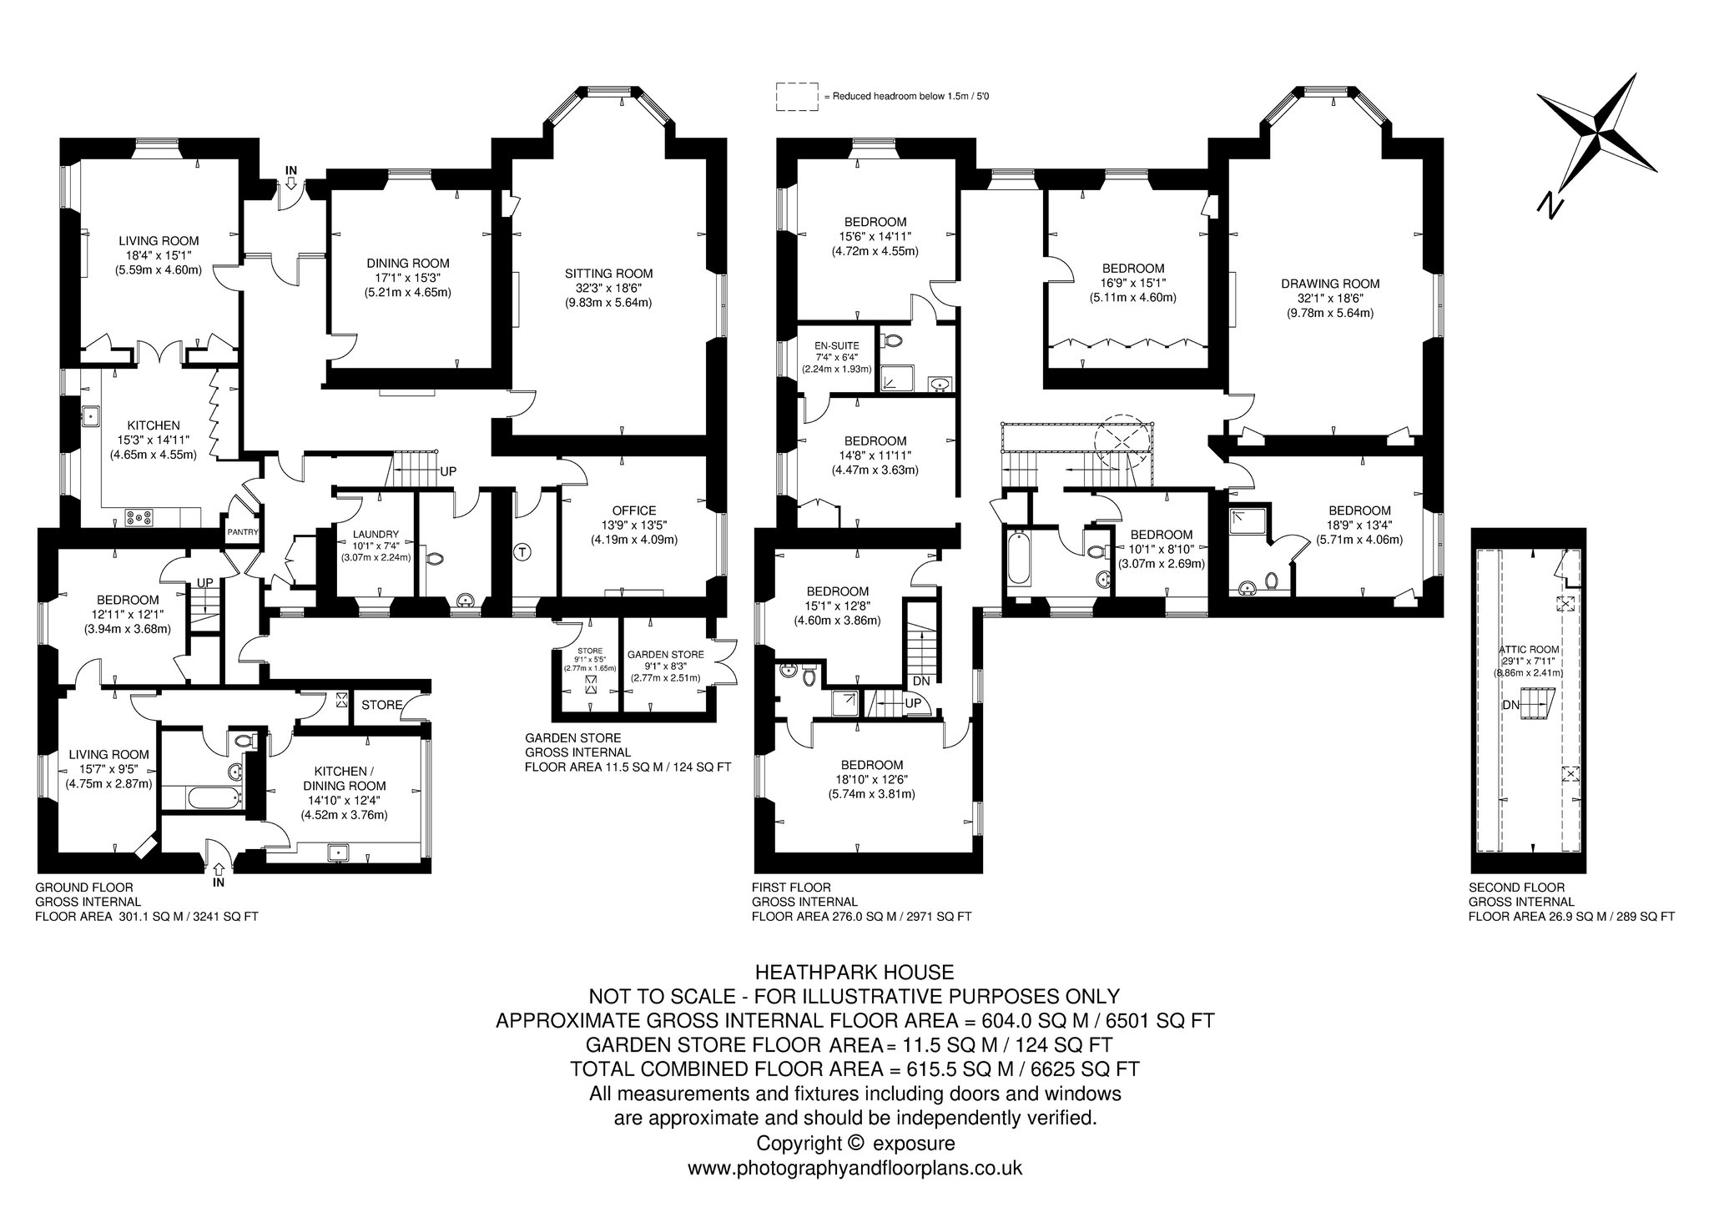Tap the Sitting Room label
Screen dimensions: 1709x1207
608,273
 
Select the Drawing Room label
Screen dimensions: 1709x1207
1330,284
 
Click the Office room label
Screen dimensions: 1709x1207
634,510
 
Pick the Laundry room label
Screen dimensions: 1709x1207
376,535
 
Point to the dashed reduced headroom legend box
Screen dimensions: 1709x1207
796,97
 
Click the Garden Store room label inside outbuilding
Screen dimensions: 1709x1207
665,655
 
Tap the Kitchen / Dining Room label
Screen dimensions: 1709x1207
350,778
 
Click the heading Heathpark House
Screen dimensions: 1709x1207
854,972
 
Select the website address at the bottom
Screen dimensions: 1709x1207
854,1169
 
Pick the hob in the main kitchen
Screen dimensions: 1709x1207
139,517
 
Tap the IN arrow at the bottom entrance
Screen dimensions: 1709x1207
219,868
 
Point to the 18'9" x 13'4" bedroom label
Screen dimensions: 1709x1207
1359,525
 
